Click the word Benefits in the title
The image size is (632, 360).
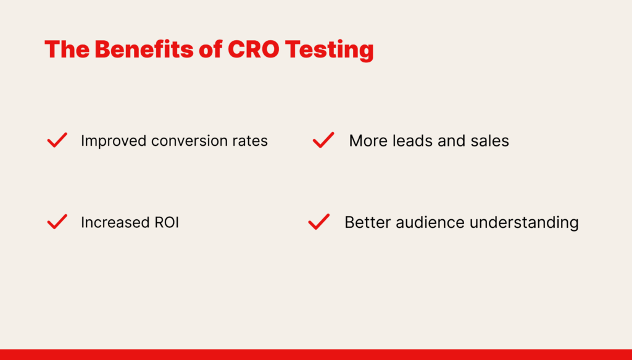(x=144, y=49)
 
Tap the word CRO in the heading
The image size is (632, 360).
(x=254, y=49)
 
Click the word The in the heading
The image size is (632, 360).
(x=67, y=49)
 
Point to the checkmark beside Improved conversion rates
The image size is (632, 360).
(x=57, y=140)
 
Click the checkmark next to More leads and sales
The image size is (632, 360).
(x=323, y=140)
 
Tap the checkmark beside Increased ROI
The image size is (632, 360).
(x=57, y=222)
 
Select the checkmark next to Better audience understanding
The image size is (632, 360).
(x=319, y=222)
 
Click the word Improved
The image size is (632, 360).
(x=114, y=141)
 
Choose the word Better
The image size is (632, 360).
(x=368, y=222)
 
